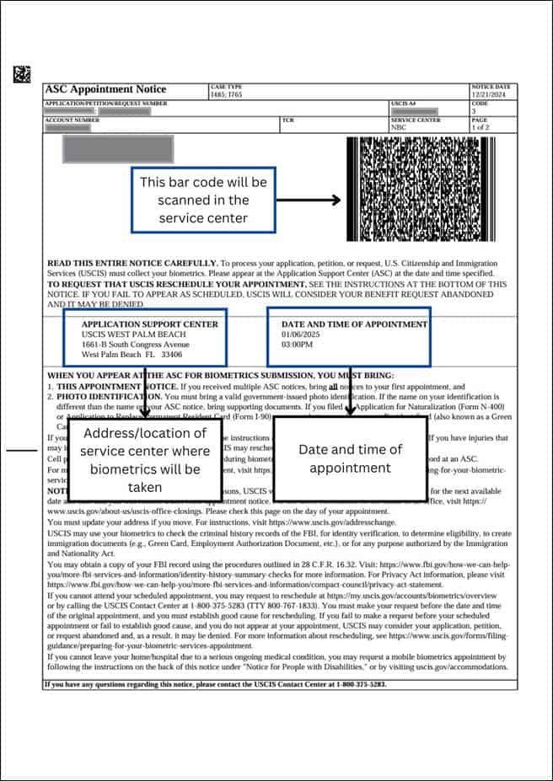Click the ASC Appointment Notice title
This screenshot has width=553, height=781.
[x=105, y=89]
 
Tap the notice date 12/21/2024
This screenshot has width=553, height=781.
[x=490, y=94]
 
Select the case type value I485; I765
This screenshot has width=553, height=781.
[x=226, y=94]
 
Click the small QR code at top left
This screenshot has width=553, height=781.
[x=22, y=74]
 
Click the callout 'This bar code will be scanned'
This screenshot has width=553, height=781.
[x=203, y=201]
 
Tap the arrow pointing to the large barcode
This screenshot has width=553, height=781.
[x=309, y=201]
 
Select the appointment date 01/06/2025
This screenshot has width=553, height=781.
[x=298, y=334]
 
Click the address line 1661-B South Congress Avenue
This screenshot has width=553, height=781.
[x=135, y=345]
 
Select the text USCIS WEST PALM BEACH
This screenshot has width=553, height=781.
[x=133, y=334]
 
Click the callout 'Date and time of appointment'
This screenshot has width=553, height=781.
[x=350, y=458]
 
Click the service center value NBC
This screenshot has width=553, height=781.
[x=399, y=127]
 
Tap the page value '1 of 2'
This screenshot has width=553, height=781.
[x=480, y=127]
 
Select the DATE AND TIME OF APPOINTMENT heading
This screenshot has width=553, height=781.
[x=354, y=324]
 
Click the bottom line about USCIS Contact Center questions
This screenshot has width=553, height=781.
[x=215, y=684]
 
